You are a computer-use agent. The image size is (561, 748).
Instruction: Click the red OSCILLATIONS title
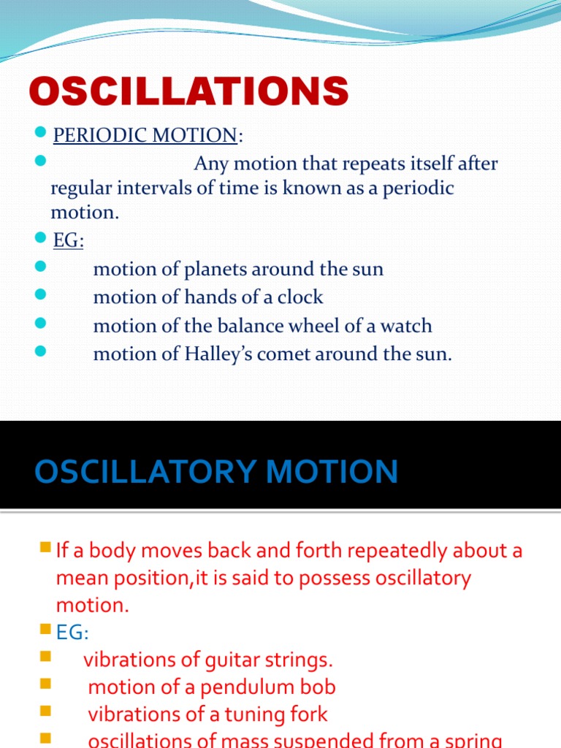point(188,93)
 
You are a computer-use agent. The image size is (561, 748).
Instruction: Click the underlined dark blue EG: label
point(68,240)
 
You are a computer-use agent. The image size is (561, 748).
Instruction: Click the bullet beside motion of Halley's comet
point(40,352)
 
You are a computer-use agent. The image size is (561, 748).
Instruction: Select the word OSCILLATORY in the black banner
point(146,471)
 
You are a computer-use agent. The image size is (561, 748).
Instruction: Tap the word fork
point(307,714)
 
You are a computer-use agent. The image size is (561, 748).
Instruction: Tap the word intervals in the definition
point(158,188)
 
